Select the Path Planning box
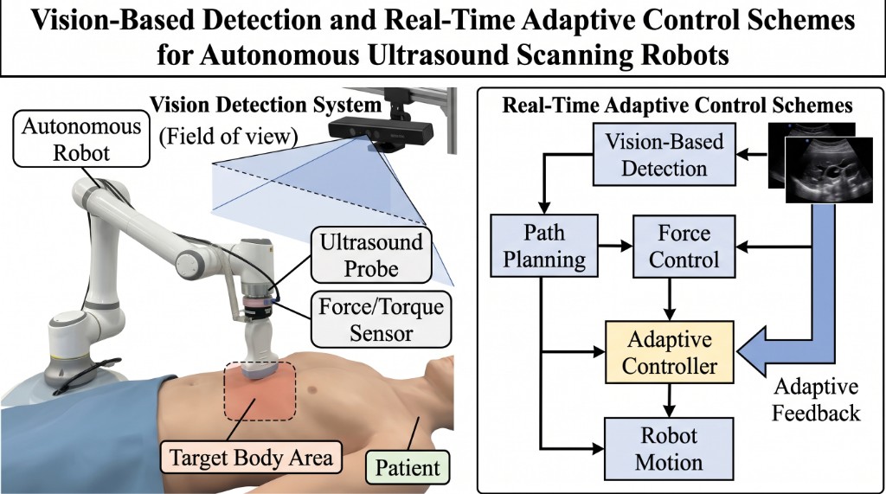coord(543,246)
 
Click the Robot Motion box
coord(670,447)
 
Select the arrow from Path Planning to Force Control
coord(613,246)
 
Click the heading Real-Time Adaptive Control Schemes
coord(678,106)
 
